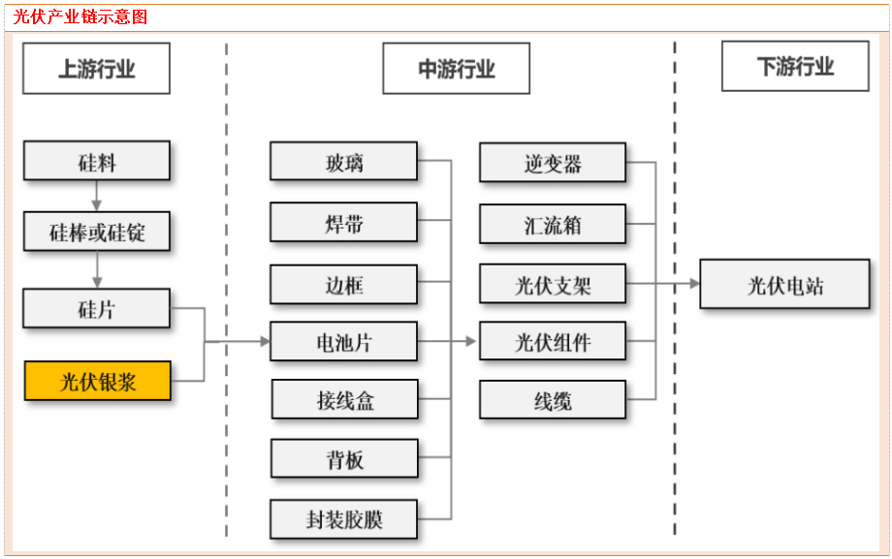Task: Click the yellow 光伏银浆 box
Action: point(97,381)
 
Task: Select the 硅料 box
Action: point(97,161)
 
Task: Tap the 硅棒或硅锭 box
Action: point(97,233)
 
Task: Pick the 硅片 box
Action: point(97,308)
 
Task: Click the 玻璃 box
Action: point(344,161)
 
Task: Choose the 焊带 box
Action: point(344,223)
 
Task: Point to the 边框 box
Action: point(344,283)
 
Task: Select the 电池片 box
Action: point(344,342)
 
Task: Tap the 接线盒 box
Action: point(344,399)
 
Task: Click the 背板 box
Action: point(344,458)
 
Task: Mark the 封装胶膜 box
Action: point(344,519)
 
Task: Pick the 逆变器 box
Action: point(553,162)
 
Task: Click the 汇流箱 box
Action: point(553,224)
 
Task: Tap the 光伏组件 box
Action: point(553,342)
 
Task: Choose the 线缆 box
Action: point(553,399)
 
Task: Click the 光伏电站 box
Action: point(784,284)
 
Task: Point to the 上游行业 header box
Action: point(97,69)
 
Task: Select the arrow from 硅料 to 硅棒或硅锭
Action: point(97,196)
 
